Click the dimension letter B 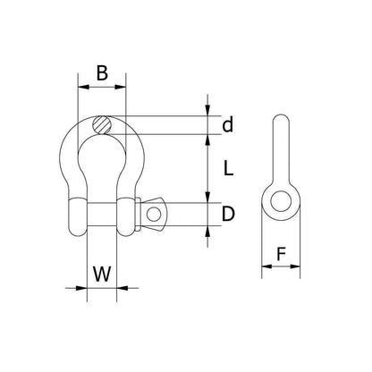tap(102, 73)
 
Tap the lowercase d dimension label tap(228, 125)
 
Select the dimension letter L tap(228, 168)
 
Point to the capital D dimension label tap(228, 214)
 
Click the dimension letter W tap(102, 274)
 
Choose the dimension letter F tap(281, 254)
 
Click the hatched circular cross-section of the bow tap(102, 125)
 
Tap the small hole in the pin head tap(154, 214)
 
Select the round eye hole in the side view tap(281, 201)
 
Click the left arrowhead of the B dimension tap(83, 87)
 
